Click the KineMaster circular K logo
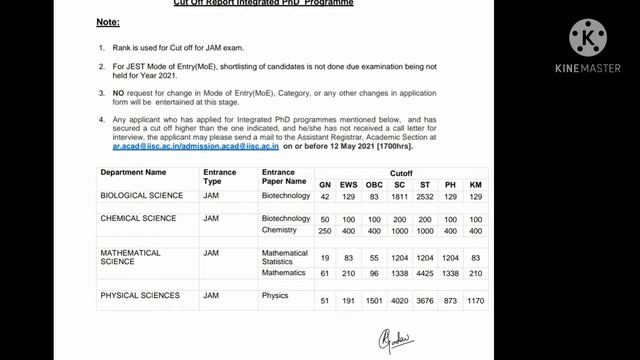pyautogui.click(x=588, y=38)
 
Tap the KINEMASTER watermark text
pyautogui.click(x=588, y=69)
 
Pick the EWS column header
pyautogui.click(x=349, y=185)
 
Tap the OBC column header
pyautogui.click(x=374, y=185)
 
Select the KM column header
pyautogui.click(x=475, y=185)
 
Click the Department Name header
pyautogui.click(x=133, y=172)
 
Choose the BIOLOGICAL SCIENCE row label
pyautogui.click(x=141, y=196)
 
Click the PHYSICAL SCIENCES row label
pyautogui.click(x=140, y=296)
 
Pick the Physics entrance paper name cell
pyautogui.click(x=275, y=296)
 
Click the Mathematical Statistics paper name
pyautogui.click(x=285, y=257)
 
